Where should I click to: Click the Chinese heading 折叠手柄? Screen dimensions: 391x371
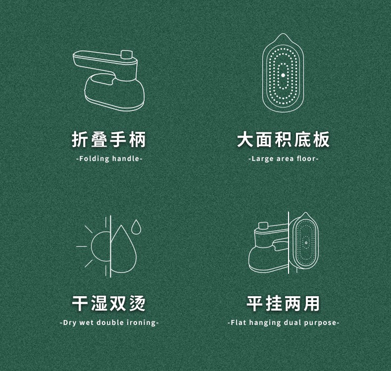coord(109,140)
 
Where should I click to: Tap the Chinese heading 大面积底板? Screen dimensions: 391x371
coord(283,140)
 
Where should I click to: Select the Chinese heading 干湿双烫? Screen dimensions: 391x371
coord(109,303)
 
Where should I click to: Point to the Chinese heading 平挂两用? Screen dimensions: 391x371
coord(283,303)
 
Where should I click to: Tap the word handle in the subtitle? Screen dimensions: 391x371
coord(126,159)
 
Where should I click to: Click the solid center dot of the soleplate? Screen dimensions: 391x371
coord(283,75)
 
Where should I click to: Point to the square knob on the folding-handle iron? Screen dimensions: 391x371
coord(126,54)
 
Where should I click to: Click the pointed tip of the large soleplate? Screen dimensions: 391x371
coord(283,34)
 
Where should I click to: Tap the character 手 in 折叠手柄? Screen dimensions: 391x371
coord(118,140)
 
